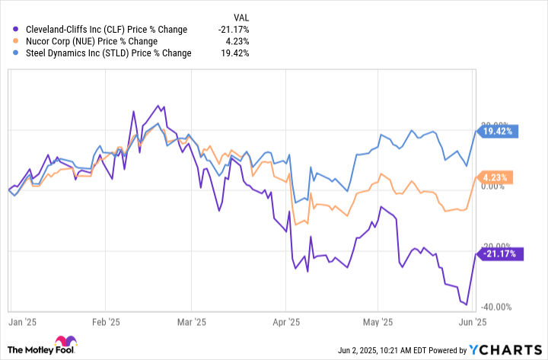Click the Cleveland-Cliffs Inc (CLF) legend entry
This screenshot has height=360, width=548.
click(100, 30)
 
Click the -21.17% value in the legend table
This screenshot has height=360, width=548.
click(233, 30)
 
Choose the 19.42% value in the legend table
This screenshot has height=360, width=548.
click(235, 53)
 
